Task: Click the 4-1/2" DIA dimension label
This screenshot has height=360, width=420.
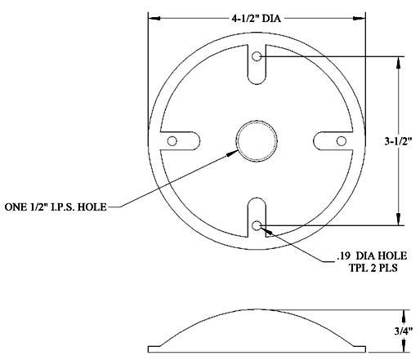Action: point(256,19)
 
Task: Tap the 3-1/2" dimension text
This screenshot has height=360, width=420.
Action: point(398,141)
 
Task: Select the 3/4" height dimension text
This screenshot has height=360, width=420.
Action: point(404,331)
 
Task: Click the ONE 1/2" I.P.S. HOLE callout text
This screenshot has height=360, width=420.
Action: point(56,207)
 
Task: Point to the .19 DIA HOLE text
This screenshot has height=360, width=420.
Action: point(372,256)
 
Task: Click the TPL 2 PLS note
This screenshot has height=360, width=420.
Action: point(373,269)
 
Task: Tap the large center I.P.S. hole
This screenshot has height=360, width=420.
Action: point(257,141)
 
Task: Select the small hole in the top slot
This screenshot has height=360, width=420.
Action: point(257,56)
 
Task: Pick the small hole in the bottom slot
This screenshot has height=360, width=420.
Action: point(257,225)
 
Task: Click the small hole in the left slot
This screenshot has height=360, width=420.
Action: point(172,141)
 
